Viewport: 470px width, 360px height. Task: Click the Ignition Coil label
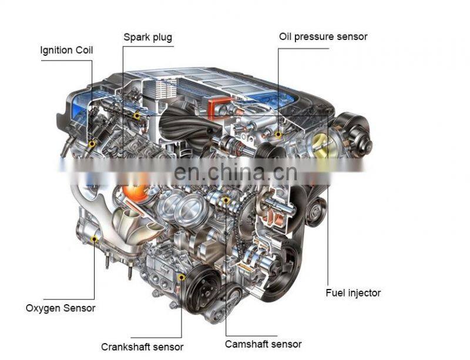pyautogui.click(x=66, y=50)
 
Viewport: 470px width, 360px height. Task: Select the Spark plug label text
pyautogui.click(x=148, y=37)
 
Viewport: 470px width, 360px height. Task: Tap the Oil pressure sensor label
pyautogui.click(x=323, y=36)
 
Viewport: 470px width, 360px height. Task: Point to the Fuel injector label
pyautogui.click(x=353, y=292)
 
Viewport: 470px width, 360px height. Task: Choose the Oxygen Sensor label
pyautogui.click(x=61, y=308)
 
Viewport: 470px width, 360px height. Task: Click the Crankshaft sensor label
pyautogui.click(x=142, y=347)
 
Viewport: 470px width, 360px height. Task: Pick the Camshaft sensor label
pyautogui.click(x=263, y=344)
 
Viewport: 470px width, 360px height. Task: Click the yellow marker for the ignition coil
pyautogui.click(x=92, y=144)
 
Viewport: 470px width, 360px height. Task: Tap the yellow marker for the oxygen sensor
pyautogui.click(x=95, y=239)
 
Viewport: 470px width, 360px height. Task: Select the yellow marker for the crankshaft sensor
pyautogui.click(x=181, y=277)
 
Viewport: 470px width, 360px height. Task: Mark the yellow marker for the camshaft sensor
pyautogui.click(x=226, y=200)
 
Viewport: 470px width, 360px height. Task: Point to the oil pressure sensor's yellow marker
pyautogui.click(x=278, y=134)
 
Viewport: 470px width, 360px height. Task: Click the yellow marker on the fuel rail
pyautogui.click(x=137, y=116)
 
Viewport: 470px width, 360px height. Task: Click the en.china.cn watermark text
pyautogui.click(x=236, y=172)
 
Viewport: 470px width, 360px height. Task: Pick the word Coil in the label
pyautogui.click(x=84, y=50)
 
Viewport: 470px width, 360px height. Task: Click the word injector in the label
pyautogui.click(x=362, y=293)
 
